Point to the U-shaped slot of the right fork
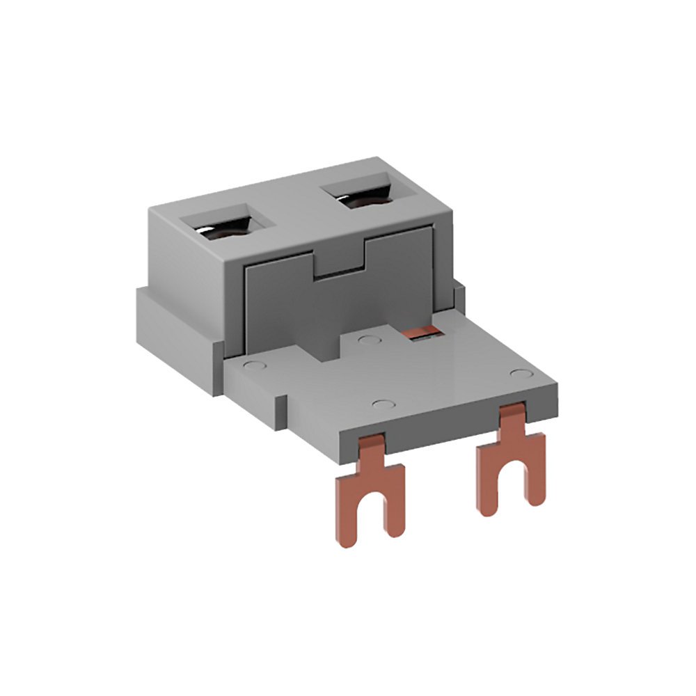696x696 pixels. coord(511,484)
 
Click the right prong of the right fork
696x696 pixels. coord(534,480)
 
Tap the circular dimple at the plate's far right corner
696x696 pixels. coord(520,374)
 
